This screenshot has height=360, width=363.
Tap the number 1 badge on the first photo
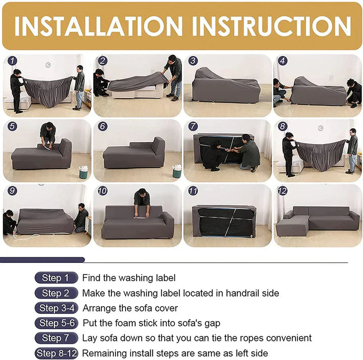click(x=13, y=61)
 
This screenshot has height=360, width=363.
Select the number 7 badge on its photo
click(x=193, y=126)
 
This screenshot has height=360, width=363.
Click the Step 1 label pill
click(x=55, y=278)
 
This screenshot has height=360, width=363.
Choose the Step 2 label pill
click(x=55, y=293)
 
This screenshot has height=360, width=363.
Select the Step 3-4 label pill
click(x=56, y=308)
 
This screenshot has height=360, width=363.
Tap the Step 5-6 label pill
click(x=56, y=323)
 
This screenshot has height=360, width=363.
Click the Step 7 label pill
click(x=55, y=338)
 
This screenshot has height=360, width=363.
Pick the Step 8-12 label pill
click(x=56, y=353)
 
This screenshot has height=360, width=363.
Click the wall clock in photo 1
click(x=48, y=65)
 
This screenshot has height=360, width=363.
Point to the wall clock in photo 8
click(x=320, y=128)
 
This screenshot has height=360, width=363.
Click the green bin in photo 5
click(x=83, y=173)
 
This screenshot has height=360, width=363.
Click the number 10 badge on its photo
click(x=103, y=191)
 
